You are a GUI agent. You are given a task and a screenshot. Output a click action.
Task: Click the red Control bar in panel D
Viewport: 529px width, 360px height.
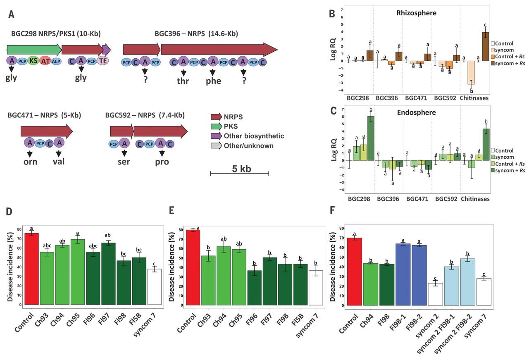click(x=31, y=269)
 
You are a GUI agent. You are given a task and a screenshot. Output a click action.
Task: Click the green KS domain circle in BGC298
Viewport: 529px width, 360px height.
click(x=33, y=61)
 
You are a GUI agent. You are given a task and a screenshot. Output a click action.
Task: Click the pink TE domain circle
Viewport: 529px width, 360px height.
click(x=102, y=61)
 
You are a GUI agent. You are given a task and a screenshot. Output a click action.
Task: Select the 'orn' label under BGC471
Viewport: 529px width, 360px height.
click(x=30, y=162)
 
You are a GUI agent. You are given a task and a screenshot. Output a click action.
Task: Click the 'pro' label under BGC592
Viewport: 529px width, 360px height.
click(x=162, y=162)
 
